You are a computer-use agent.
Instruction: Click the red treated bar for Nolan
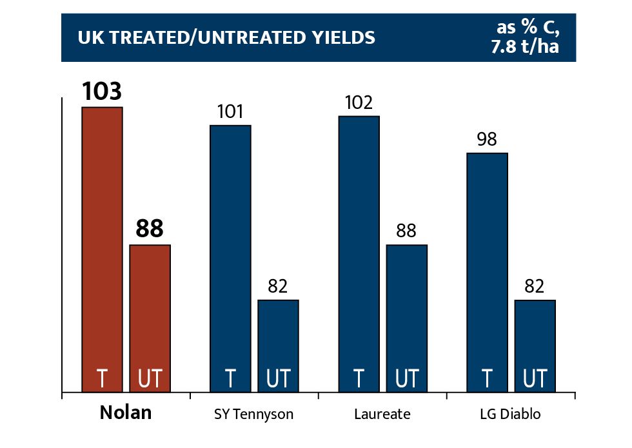click(x=102, y=245)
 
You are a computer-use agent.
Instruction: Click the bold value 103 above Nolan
click(x=102, y=92)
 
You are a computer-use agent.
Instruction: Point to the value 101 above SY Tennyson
click(x=230, y=112)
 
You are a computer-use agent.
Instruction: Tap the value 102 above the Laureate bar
click(x=359, y=103)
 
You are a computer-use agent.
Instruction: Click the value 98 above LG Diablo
click(x=487, y=139)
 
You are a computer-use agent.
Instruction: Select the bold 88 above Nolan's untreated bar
click(x=150, y=229)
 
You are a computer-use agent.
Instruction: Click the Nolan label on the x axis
click(x=126, y=413)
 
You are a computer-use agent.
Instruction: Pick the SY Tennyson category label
click(x=254, y=414)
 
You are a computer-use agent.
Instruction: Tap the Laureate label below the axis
click(x=382, y=414)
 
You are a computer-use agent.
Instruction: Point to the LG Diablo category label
click(x=511, y=414)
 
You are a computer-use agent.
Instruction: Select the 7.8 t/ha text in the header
click(x=525, y=47)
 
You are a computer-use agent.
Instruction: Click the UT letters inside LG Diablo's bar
click(x=535, y=378)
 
